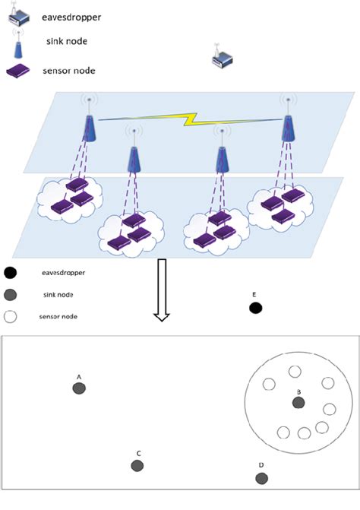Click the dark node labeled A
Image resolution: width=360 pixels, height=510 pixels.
pos(79,388)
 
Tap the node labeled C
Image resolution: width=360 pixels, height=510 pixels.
pos(137,465)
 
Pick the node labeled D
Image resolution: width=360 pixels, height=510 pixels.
pos(261,478)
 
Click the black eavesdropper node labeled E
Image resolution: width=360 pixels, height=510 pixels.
pos(255,308)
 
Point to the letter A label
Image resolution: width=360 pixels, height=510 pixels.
pos(79,376)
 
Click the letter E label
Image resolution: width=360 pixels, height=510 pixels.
pos(254,293)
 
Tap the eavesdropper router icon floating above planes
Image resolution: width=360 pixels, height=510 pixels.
pos(223,60)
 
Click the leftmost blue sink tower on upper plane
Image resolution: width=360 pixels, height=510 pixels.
pos(90,122)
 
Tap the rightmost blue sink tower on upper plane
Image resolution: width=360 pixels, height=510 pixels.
pos(289,122)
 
